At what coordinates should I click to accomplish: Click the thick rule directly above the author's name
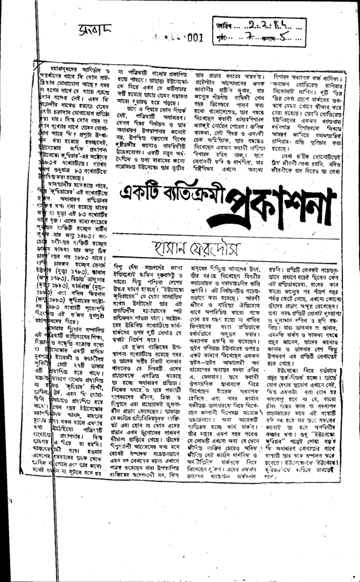[227, 235]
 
